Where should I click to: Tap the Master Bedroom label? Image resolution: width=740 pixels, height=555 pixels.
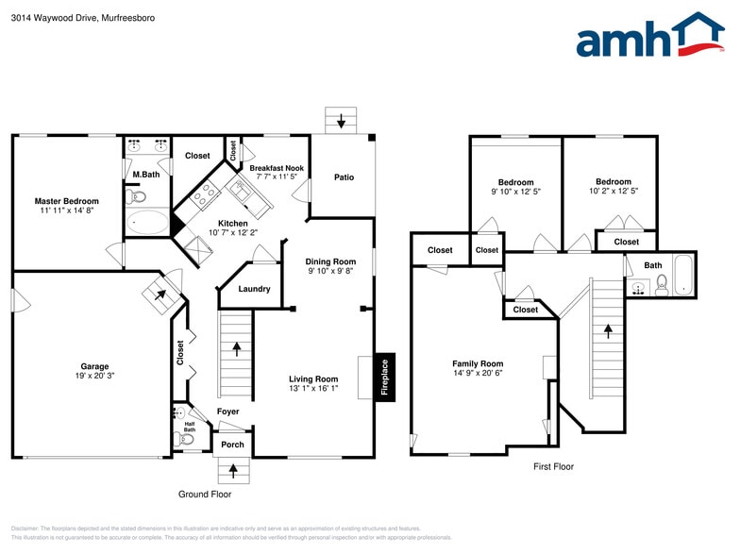[66, 201]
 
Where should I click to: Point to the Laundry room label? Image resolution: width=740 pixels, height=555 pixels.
[255, 290]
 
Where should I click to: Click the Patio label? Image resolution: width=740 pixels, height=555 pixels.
[345, 177]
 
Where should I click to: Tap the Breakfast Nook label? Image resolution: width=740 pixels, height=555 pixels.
[277, 167]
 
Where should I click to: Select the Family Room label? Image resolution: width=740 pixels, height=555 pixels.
[478, 363]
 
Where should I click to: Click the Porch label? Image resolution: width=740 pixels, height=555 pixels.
[232, 445]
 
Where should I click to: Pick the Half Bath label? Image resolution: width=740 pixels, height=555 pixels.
[190, 426]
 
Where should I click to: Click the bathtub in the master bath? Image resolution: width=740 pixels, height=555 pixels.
[147, 224]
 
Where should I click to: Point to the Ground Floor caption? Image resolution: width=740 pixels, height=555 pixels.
[205, 494]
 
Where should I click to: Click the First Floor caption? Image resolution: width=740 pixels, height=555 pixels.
[553, 466]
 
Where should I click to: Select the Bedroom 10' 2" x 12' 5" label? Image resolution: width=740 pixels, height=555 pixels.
[613, 182]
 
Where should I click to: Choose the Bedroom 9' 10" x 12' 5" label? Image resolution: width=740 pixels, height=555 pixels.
[516, 183]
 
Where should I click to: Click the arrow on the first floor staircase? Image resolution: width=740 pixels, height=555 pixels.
[608, 331]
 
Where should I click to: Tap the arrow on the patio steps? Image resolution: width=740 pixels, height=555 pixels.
[341, 121]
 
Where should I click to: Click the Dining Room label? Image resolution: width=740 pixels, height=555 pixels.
[330, 261]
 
